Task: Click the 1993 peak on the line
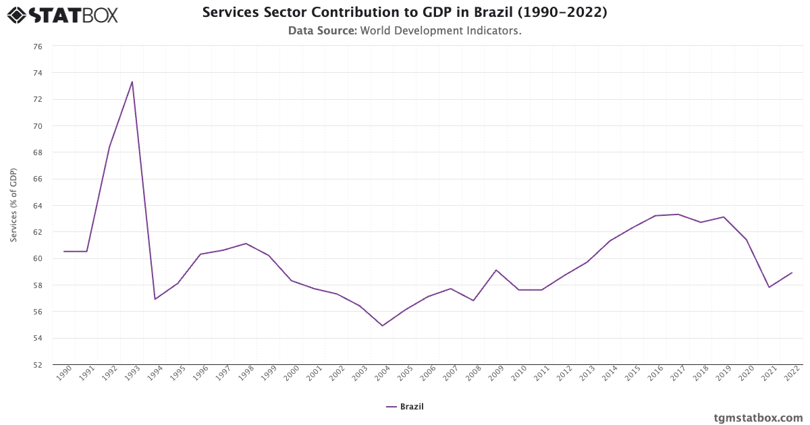pos(132,82)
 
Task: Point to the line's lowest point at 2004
pos(383,326)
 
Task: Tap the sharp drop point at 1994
pos(155,299)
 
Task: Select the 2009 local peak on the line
pos(496,270)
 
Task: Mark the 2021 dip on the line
pos(769,287)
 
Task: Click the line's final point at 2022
pos(792,273)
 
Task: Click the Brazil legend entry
pos(405,407)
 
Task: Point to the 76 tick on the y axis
pos(38,47)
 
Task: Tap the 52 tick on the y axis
pos(38,365)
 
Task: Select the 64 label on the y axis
pos(38,206)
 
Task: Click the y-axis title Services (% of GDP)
pos(13,206)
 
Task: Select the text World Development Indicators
pos(441,30)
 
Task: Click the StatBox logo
pos(62,14)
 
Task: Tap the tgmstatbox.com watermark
pos(758,418)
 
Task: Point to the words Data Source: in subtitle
pos(322,30)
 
